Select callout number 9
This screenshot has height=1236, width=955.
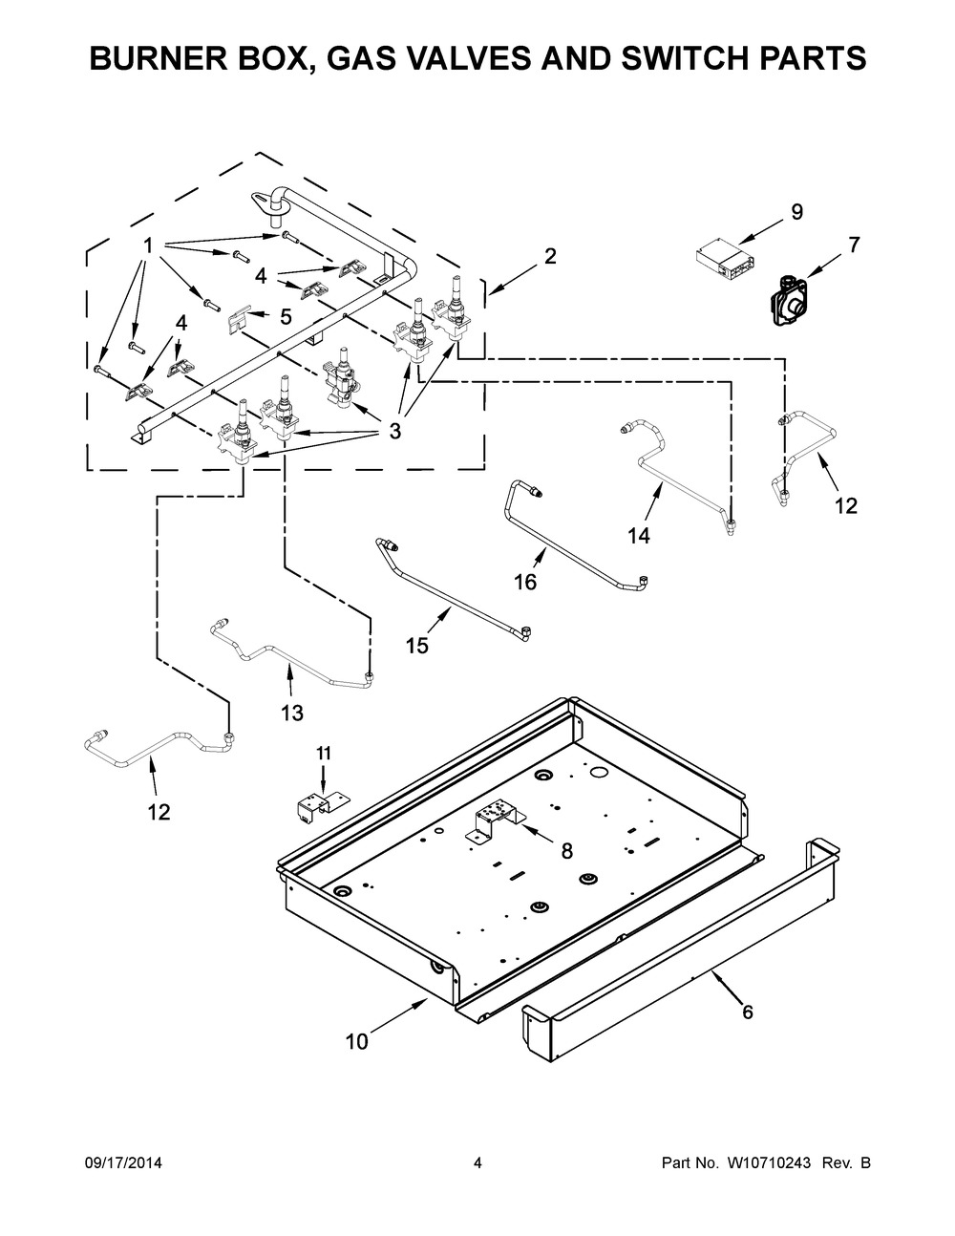(796, 213)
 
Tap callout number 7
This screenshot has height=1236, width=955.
(853, 245)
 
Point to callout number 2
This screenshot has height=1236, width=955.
(550, 256)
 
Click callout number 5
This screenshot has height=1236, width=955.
(284, 316)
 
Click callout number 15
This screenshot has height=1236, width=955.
(417, 646)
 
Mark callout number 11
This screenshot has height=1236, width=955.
(324, 754)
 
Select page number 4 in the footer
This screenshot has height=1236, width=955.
(477, 1163)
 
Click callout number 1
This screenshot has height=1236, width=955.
(148, 246)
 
